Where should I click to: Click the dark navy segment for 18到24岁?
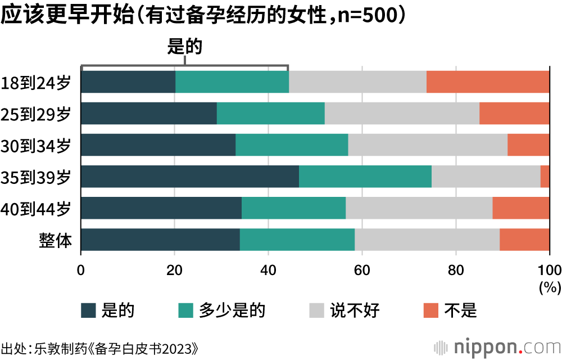pos(128,82)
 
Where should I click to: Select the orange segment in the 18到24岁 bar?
pos(488,82)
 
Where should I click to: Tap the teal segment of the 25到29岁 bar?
pos(270,114)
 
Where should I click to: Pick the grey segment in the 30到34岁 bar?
pos(428,145)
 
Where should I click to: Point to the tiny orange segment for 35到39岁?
pos(545,177)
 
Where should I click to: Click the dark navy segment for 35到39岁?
pos(190,177)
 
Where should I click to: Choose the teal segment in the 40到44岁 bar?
pos(293,208)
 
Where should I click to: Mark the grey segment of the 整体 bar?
pos(427,240)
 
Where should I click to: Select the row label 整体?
pos(56,240)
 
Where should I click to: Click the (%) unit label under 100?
pos(550,288)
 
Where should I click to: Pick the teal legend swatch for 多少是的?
pos(186,310)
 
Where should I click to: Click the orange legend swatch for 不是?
pos(431,310)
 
